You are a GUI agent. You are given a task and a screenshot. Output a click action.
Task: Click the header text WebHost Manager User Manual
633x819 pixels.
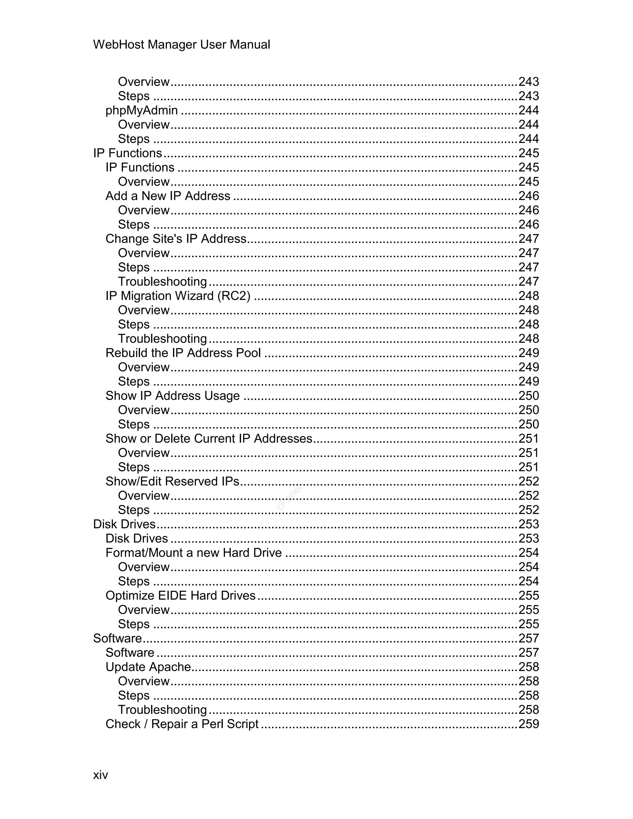(181, 45)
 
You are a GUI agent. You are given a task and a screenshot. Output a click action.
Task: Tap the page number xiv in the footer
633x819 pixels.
(100, 775)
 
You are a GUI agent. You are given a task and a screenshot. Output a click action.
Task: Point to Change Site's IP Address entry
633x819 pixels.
(176, 239)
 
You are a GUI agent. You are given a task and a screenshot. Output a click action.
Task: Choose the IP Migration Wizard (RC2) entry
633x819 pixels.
(178, 296)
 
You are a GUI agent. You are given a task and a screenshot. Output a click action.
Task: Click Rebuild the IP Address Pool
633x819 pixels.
(183, 353)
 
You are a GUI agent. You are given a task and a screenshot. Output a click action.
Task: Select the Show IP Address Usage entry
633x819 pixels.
(172, 396)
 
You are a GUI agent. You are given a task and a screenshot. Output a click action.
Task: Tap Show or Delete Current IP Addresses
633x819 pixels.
(209, 438)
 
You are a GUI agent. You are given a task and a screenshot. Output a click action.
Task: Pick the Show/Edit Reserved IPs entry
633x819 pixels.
(172, 481)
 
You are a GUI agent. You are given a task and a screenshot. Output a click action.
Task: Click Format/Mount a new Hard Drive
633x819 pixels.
(193, 553)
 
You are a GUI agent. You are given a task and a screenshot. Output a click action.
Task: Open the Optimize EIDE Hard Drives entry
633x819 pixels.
(181, 596)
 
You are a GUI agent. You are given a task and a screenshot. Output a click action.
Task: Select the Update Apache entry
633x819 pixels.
(148, 667)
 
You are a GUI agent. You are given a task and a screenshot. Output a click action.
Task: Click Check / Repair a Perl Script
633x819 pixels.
(182, 724)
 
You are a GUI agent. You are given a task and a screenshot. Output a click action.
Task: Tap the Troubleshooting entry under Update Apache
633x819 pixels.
(162, 710)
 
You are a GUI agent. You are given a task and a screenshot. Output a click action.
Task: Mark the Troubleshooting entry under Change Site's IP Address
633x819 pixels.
(162, 282)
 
